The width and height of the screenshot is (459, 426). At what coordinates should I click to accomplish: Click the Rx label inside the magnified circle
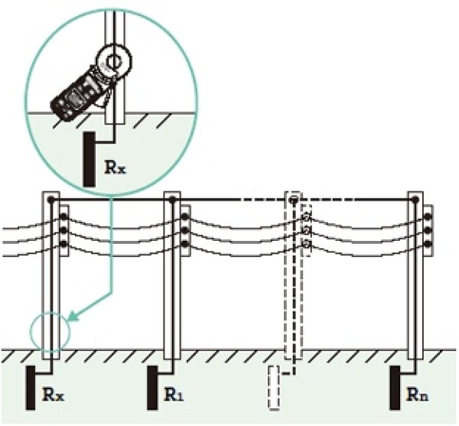pos(115,167)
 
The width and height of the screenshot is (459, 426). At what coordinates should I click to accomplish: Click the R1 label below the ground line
pos(174,395)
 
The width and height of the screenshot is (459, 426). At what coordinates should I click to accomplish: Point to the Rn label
pos(418,395)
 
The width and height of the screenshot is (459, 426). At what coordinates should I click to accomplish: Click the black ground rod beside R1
pos(152,388)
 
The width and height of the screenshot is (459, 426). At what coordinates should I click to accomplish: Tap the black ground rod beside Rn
pos(396,388)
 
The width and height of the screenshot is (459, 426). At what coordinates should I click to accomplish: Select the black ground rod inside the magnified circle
pos(90,159)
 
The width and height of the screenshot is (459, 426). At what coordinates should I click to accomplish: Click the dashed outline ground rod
pos(274,387)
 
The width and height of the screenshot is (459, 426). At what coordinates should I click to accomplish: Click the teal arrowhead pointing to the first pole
pos(73,316)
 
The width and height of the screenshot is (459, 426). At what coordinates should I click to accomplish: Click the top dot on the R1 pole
pos(172,200)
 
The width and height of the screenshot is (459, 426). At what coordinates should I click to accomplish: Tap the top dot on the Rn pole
pos(415,200)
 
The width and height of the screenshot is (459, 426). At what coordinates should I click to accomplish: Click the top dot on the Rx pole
pos(51,200)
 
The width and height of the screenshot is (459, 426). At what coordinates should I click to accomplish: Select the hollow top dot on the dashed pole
pos(293,200)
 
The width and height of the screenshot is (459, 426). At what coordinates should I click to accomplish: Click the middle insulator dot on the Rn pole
pos(428,230)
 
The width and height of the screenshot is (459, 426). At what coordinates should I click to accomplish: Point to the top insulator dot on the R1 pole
pos(184,216)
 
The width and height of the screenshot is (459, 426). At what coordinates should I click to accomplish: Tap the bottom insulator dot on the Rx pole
pos(63,243)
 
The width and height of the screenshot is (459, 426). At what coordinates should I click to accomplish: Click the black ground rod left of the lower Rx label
pos(31,388)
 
